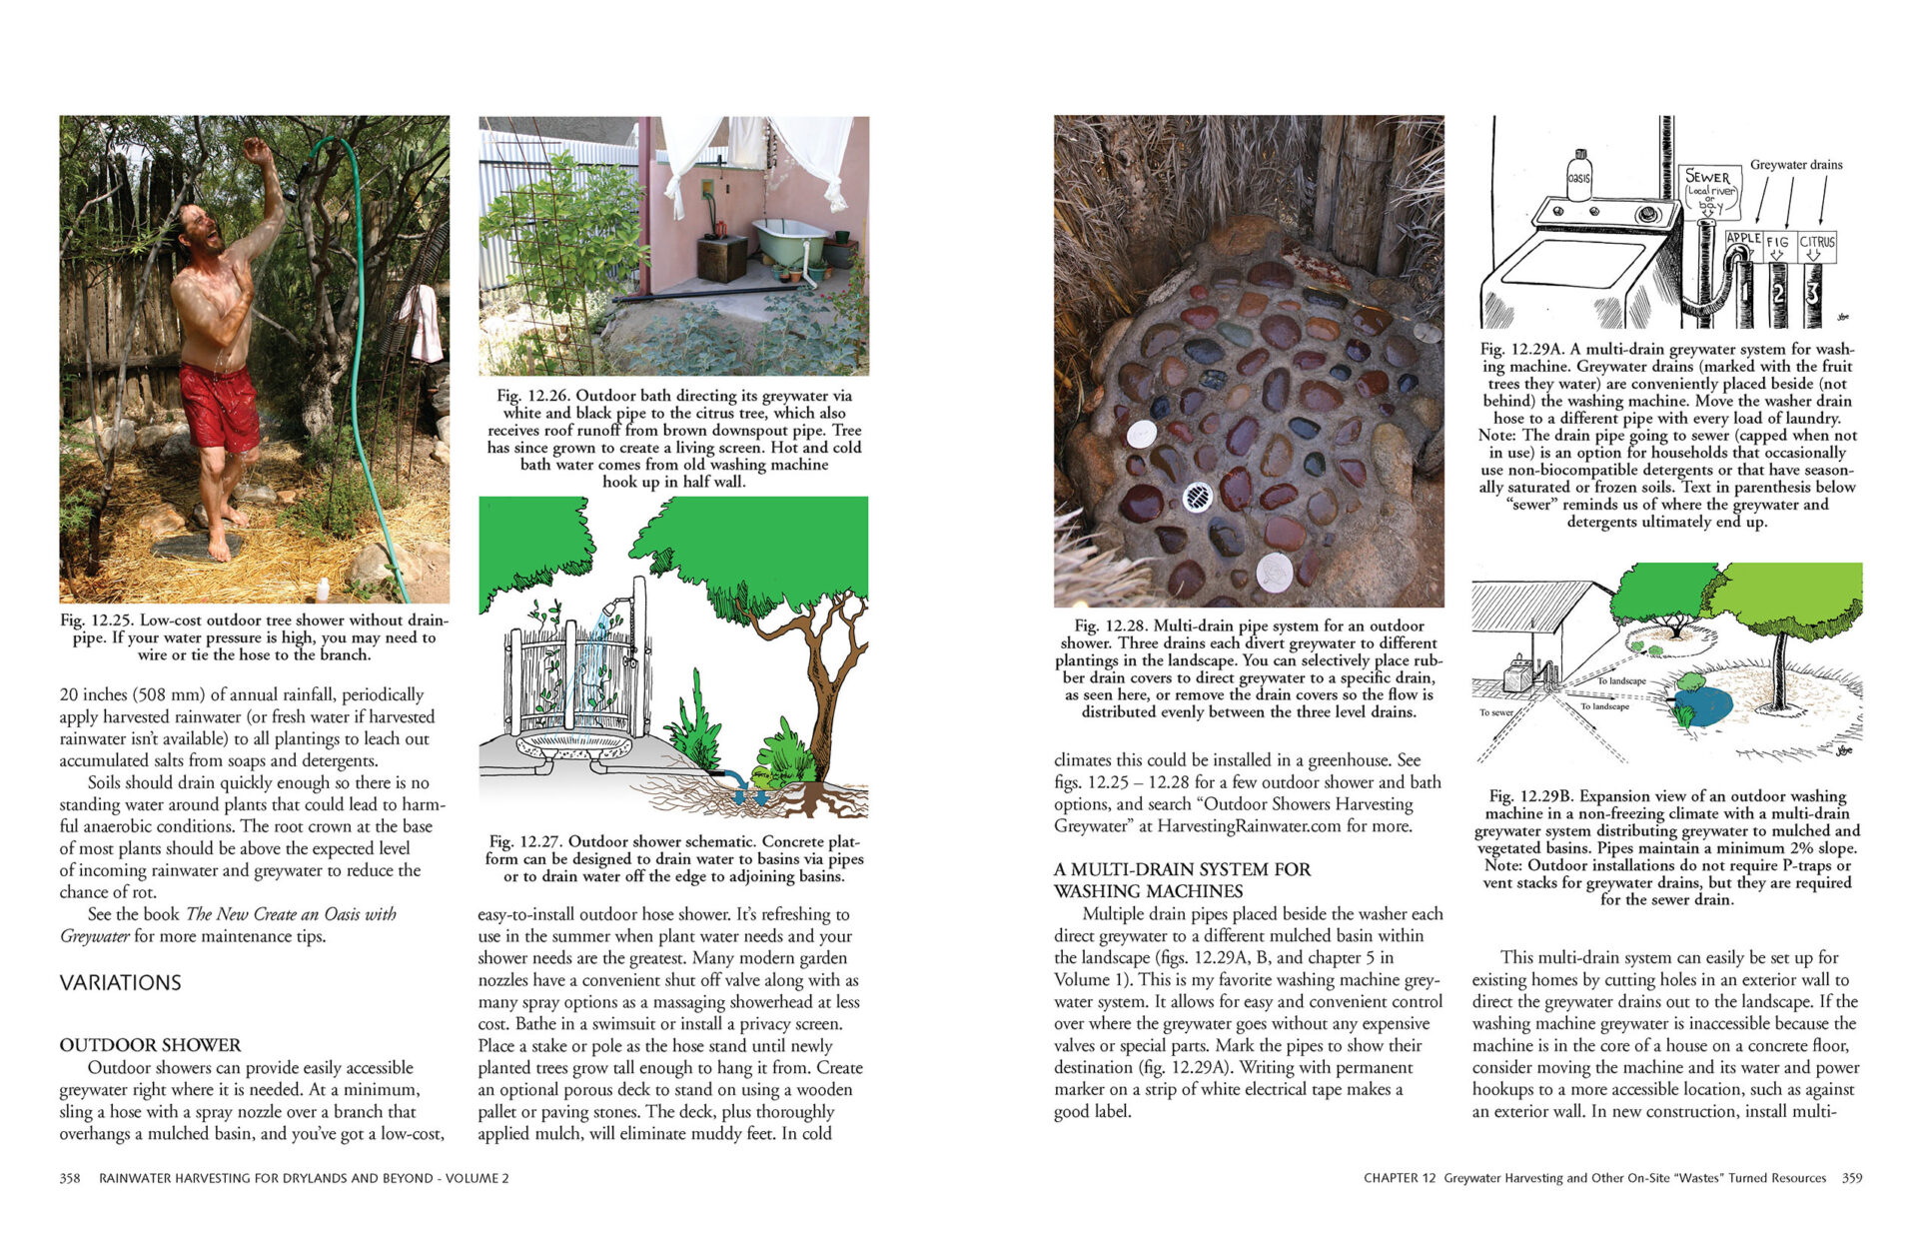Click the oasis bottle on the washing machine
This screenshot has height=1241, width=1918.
1578,176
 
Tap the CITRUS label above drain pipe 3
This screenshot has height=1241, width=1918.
1817,242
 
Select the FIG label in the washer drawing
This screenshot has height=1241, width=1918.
1778,242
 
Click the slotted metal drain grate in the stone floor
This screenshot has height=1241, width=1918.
1197,496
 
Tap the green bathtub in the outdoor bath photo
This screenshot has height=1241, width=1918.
788,239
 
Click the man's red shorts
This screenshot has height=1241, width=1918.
219,405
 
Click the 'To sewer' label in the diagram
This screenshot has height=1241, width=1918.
1496,712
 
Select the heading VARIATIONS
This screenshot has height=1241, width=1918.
120,983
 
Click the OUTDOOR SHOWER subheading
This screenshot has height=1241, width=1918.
150,1045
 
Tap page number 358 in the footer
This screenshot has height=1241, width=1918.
70,1178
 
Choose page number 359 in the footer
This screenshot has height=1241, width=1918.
1851,1178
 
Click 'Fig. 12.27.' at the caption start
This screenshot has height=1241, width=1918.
525,842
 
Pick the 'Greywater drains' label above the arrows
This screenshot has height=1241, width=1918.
1796,165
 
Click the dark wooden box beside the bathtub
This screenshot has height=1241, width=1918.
721,258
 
